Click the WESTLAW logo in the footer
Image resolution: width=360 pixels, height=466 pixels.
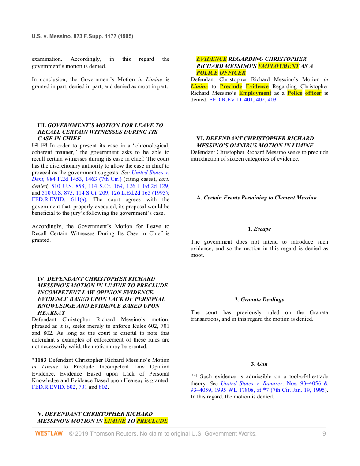[x=49, y=434]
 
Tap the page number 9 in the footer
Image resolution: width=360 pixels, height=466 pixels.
[x=324, y=434]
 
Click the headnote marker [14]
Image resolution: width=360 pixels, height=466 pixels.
[x=194, y=376]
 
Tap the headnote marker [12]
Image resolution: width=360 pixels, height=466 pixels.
[x=35, y=144]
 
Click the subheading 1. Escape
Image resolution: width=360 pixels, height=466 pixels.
[x=259, y=229]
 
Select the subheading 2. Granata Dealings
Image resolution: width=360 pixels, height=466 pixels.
[x=259, y=300]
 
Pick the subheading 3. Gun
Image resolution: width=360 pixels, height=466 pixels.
[x=259, y=364]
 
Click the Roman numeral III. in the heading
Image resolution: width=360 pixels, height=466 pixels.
[x=42, y=125]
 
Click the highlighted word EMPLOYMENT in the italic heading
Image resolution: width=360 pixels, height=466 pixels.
[x=278, y=66]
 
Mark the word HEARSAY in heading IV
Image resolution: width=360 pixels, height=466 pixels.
[x=52, y=312]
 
